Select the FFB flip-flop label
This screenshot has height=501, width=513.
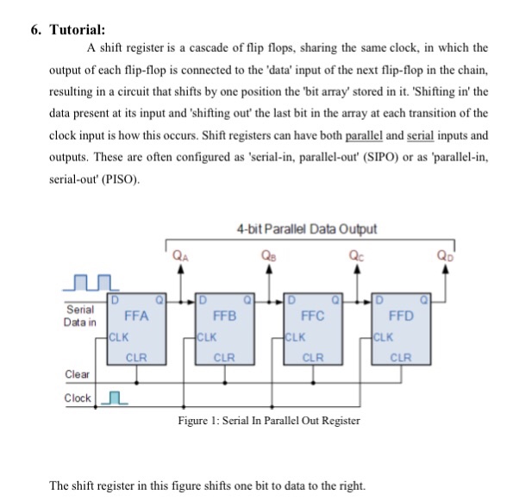point(226,316)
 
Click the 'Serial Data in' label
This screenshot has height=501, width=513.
point(82,315)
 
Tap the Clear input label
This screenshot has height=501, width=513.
point(78,373)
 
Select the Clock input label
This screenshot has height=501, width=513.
point(78,398)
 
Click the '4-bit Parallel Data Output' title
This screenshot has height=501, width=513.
point(305,229)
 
